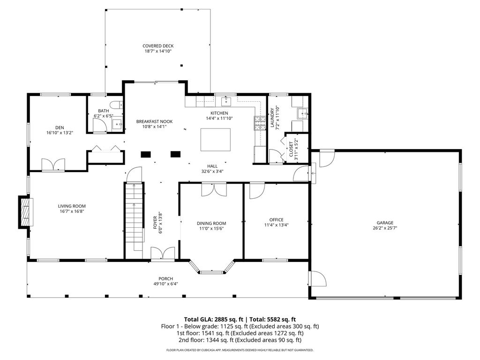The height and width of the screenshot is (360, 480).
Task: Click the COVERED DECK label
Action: (158, 46)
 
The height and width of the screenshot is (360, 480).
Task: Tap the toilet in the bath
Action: (116, 105)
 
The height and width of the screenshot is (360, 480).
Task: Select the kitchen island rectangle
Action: (216, 140)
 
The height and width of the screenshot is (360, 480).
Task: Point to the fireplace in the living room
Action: (25, 212)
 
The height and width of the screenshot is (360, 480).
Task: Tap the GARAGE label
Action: (385, 223)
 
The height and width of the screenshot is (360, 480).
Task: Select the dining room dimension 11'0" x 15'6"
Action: (211, 228)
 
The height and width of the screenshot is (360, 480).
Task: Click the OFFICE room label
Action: (276, 220)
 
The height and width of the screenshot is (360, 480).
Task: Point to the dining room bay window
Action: (212, 268)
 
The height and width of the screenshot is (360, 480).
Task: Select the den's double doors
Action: (53, 165)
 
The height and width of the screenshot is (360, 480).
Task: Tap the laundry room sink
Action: (302, 113)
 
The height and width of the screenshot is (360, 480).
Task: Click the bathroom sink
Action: (118, 124)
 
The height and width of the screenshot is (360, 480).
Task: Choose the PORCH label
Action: (165, 278)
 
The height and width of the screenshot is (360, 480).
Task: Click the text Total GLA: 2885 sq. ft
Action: (214, 320)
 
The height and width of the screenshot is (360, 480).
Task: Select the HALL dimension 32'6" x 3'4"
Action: (212, 172)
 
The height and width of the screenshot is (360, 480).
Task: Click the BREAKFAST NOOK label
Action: (154, 121)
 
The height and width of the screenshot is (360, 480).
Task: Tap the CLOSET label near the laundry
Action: (291, 149)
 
